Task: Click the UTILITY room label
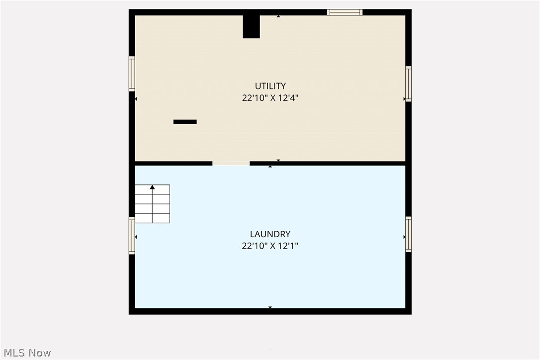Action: pos(270,86)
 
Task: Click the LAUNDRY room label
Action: pos(270,234)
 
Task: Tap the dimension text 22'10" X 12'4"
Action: pos(270,98)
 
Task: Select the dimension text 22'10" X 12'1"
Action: pos(270,246)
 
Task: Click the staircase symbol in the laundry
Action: pos(152,204)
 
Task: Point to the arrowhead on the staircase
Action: pos(152,187)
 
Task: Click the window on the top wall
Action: pos(345,12)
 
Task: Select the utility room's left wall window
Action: pos(132,74)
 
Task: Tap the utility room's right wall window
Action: pos(408,84)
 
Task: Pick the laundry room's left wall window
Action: pos(132,236)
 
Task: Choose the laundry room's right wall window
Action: pos(408,234)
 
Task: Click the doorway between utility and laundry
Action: pos(231,163)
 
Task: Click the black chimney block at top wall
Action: pos(251,26)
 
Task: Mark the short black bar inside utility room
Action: pos(185,122)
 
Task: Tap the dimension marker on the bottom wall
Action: pos(270,307)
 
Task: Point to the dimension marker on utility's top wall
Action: pos(278,16)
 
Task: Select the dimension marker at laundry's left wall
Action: pos(136,237)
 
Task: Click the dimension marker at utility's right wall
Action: pos(404,99)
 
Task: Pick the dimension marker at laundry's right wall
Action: pos(404,237)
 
